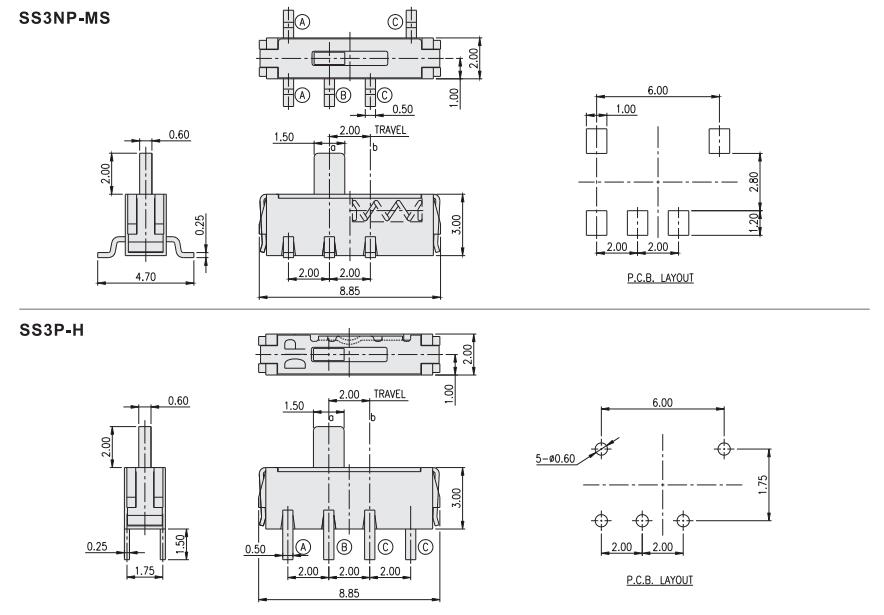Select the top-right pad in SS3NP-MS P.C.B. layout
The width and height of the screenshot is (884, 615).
[718, 141]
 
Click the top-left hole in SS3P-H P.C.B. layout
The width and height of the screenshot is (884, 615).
[601, 448]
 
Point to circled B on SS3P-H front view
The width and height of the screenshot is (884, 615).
[344, 546]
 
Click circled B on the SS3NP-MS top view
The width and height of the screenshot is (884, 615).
[343, 96]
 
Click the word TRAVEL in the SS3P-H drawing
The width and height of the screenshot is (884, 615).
[390, 394]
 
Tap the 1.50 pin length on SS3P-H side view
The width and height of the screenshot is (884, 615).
[179, 541]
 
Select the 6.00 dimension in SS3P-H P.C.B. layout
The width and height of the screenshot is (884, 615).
[661, 403]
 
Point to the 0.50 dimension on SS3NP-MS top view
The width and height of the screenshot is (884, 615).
[403, 109]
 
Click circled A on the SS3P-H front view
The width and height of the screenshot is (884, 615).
[303, 546]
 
